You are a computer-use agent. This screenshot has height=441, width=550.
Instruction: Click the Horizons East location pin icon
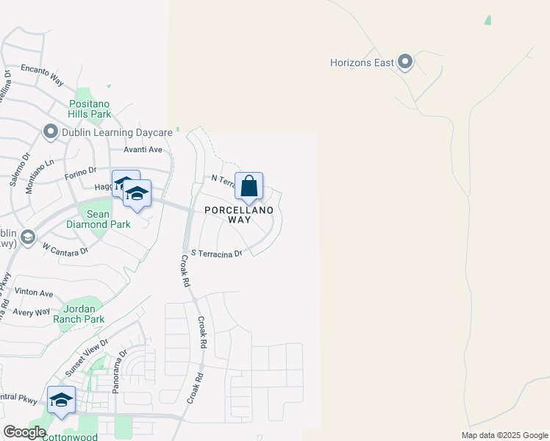pos(405,62)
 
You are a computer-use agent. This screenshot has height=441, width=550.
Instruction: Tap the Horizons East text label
pos(362,62)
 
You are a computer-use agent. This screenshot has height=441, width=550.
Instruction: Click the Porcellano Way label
pos(239,215)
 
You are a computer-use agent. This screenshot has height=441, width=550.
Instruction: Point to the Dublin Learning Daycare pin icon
pos(50,132)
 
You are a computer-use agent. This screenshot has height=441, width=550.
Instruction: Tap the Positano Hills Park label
pos(90,109)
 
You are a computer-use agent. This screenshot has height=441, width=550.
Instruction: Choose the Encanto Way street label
pos(42,73)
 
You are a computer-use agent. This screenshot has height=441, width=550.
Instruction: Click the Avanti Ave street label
pos(143,149)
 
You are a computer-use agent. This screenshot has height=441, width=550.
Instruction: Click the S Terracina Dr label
pos(216,254)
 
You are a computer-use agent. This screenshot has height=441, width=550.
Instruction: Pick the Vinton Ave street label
pos(33,292)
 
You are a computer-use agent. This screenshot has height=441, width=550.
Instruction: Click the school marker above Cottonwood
pos(61,400)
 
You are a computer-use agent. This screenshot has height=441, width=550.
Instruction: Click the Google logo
pos(25,432)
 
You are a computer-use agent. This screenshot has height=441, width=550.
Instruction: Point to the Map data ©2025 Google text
pos(504,435)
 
